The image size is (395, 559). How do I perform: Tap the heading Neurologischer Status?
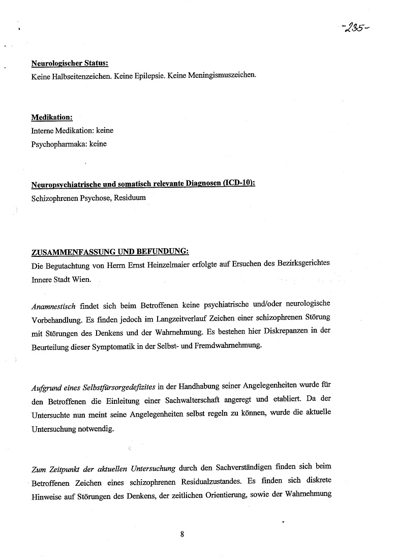coord(70,64)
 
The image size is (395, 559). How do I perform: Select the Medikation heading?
coord(51,117)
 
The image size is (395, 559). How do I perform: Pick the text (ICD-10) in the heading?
coord(238,184)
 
